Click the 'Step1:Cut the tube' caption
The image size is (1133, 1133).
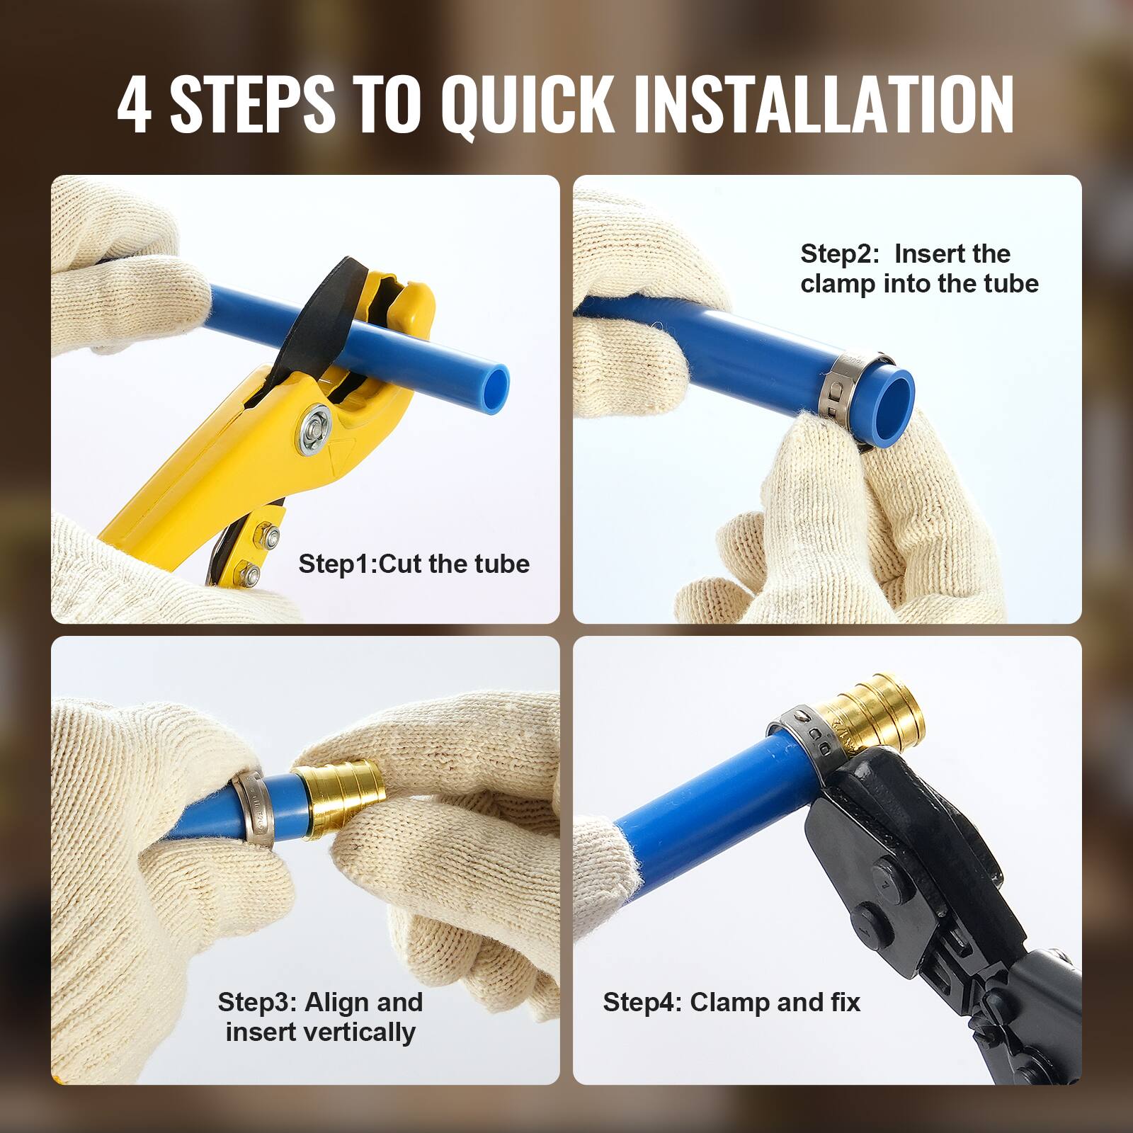(x=414, y=564)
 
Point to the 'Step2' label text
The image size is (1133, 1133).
(x=838, y=254)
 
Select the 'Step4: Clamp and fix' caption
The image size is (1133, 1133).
(x=731, y=1002)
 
